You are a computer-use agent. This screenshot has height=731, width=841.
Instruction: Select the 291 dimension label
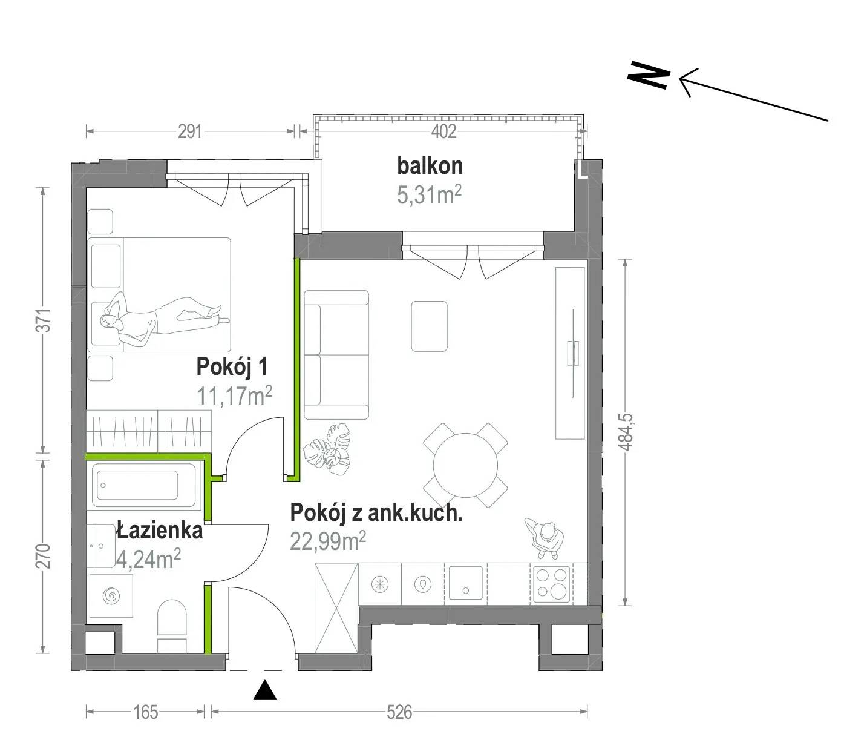coord(190,131)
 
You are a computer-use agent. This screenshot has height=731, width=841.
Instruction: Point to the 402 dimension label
coord(444,131)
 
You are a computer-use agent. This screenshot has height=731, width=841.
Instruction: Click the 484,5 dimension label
coord(626,432)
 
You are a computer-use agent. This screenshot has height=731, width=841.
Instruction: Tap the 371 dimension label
coord(45,320)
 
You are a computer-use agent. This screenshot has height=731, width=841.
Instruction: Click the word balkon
coord(430,166)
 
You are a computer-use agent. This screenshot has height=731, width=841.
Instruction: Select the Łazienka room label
coord(160,531)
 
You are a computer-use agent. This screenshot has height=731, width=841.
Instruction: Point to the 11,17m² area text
coord(235,395)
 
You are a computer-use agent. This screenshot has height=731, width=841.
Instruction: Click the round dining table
coord(465,465)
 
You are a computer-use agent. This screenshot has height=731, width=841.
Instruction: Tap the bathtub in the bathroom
coord(144,485)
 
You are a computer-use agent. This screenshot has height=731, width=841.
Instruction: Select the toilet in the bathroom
coord(172,626)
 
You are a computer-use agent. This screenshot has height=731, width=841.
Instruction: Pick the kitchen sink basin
coord(465,583)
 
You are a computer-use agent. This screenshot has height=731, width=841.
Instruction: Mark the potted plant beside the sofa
coord(327,451)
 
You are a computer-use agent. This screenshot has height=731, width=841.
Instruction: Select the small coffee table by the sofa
coord(429,326)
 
